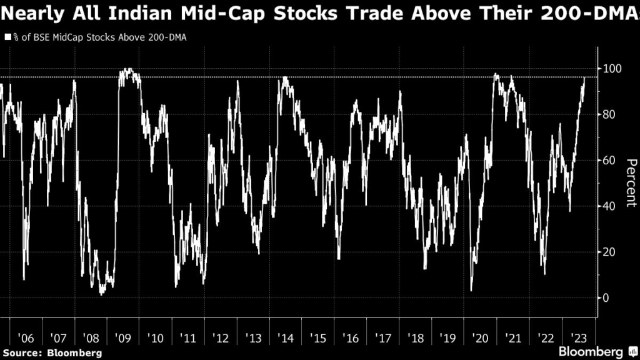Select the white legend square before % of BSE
click(7, 37)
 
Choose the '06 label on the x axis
click(26, 338)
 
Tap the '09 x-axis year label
click(123, 338)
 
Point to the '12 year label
click(221, 338)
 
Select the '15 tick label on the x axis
click(318, 338)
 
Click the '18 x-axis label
click(416, 338)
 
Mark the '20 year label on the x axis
click(481, 338)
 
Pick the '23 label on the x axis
click(578, 338)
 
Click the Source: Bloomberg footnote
click(51, 352)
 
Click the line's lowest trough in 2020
click(471, 290)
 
